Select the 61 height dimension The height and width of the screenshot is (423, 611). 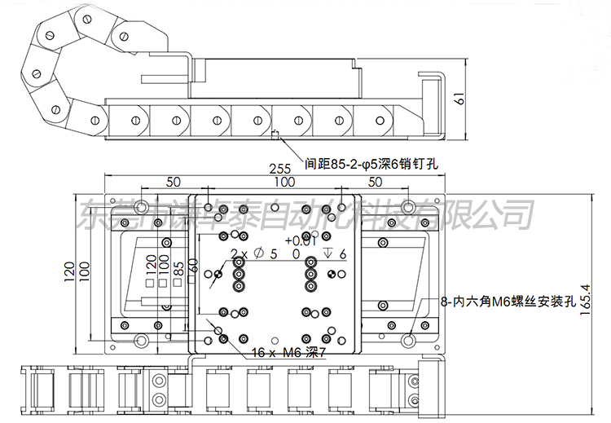pos(460,101)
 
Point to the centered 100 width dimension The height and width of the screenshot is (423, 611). pos(284,181)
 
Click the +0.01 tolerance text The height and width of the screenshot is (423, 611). pos(300,240)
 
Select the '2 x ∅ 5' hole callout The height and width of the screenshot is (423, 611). pos(254,254)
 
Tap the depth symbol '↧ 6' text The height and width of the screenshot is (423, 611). pos(335,253)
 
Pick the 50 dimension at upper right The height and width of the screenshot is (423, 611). pos(375,181)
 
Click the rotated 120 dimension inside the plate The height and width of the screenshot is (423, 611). pos(151,266)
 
